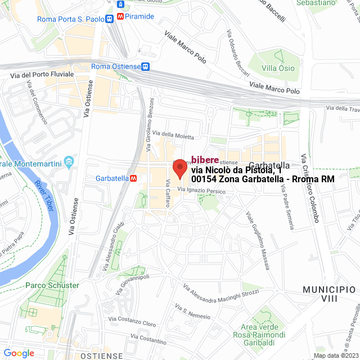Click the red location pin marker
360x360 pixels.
[x=179, y=168]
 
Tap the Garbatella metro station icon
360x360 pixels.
[x=133, y=178]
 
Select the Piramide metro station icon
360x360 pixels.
[x=121, y=17]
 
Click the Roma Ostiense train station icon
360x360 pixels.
[x=146, y=66]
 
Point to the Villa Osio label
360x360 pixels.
[x=278, y=68]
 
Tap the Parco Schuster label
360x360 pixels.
[x=52, y=285]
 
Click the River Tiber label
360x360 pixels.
[x=45, y=192]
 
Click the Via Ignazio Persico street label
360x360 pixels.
[x=201, y=191]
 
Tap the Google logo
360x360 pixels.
[x=19, y=353]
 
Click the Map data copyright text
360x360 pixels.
[x=336, y=355]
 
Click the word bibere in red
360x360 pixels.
[x=205, y=160]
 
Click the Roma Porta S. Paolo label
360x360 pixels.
[x=71, y=19]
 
